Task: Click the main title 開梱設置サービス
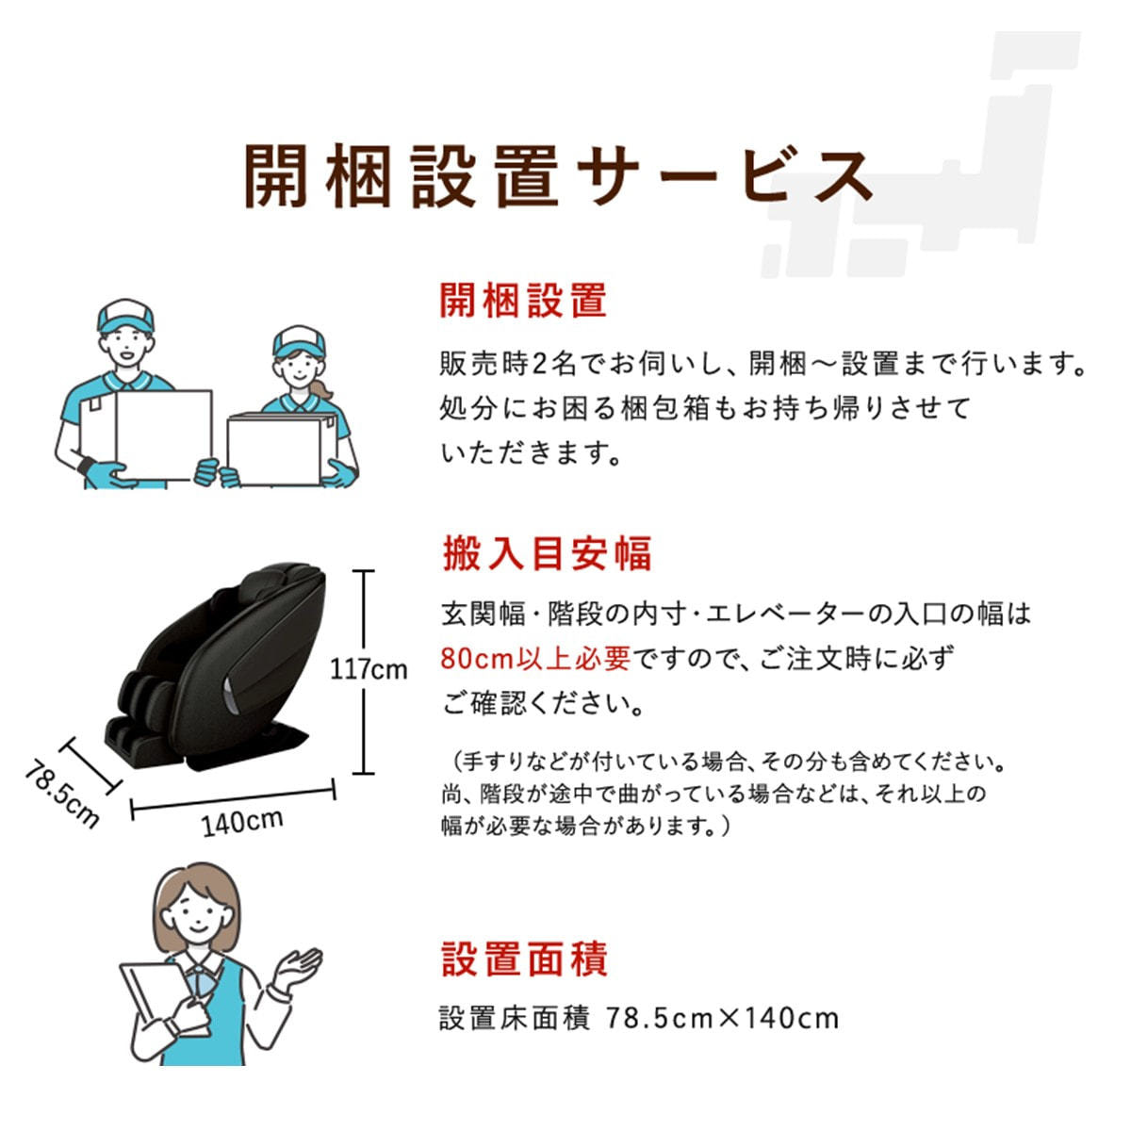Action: coord(559,176)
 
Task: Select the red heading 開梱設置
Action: coord(523,301)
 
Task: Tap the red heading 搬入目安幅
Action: coord(547,553)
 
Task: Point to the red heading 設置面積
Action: coord(524,959)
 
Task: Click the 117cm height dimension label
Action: coord(369,670)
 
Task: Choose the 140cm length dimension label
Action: coord(242,822)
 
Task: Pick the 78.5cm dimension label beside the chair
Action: coord(62,795)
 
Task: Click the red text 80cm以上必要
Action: coord(536,659)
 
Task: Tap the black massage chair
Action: coord(215,666)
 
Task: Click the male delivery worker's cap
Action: coord(125,317)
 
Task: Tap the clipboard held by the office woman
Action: coord(156,998)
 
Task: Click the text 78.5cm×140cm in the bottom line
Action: coord(722,1018)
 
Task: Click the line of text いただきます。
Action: coord(531,453)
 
